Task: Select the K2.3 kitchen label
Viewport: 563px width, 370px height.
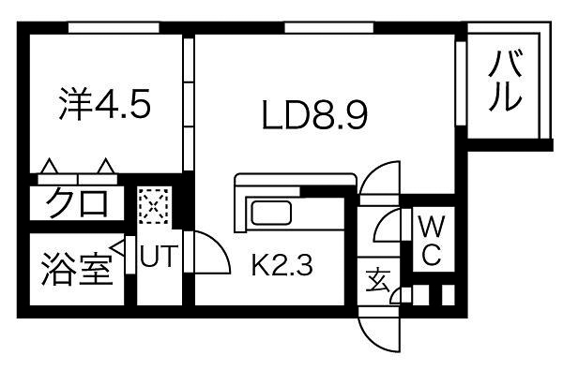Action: (281, 264)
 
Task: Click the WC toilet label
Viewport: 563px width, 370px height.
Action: (430, 241)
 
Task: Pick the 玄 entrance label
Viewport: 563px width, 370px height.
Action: (377, 279)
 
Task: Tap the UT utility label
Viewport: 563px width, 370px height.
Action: (158, 256)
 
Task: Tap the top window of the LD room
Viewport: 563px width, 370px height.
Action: (319, 29)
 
